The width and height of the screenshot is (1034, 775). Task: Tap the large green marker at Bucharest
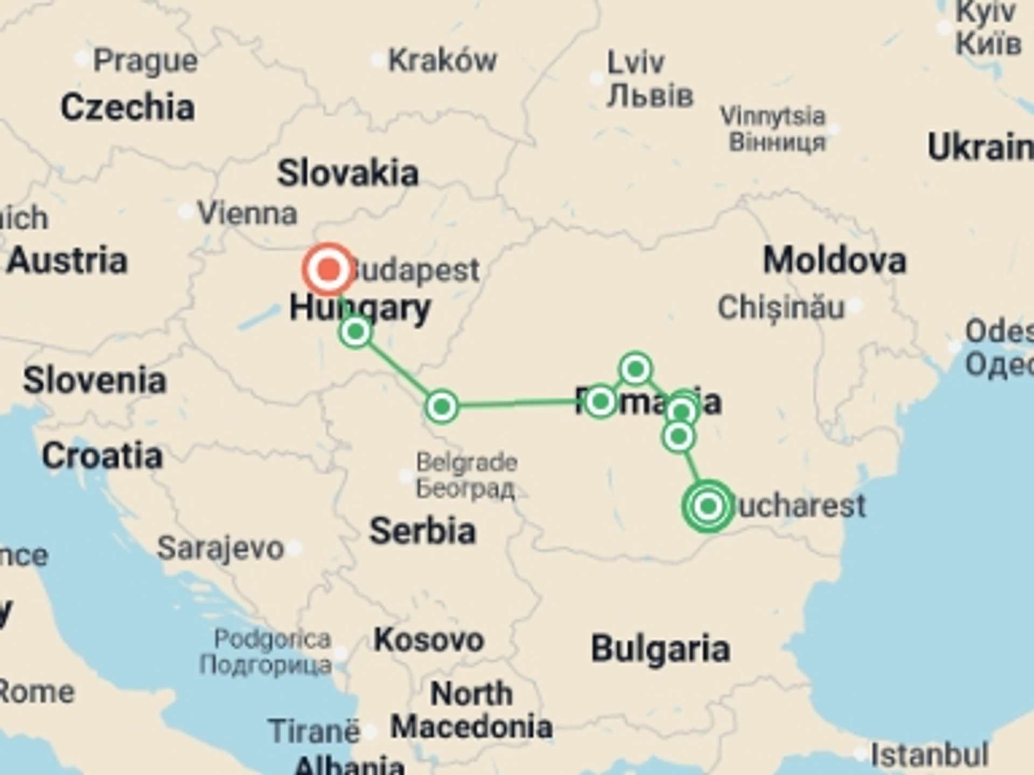tap(708, 506)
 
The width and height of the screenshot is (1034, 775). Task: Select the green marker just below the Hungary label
tap(355, 332)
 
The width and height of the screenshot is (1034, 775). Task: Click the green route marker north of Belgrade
tap(442, 407)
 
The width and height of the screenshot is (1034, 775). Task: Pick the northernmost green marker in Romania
tap(635, 369)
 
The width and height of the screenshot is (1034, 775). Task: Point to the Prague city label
tap(145, 61)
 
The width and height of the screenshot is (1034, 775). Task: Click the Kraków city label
tap(442, 60)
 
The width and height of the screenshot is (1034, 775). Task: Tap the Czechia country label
tap(128, 108)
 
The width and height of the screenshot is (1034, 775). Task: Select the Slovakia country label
tap(347, 173)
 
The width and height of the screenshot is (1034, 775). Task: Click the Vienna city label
tap(248, 214)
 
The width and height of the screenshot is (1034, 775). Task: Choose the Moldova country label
tap(834, 261)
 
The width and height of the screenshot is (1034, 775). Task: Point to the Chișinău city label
tap(781, 308)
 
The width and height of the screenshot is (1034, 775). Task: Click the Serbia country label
tap(422, 531)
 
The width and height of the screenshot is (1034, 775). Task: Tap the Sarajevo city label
tap(220, 548)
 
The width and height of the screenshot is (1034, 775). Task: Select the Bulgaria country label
tap(660, 649)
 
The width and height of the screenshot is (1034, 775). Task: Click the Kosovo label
tap(429, 640)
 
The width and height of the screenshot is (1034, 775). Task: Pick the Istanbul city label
tap(930, 755)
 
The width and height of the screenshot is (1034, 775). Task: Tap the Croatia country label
tap(102, 456)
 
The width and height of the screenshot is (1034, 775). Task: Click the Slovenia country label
tap(95, 381)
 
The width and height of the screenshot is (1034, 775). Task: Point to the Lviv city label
tap(635, 64)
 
